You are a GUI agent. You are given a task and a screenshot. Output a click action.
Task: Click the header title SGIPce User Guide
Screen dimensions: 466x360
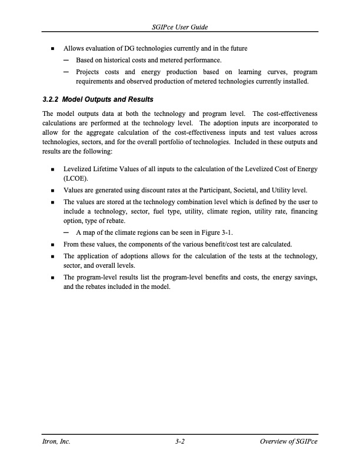(x=180, y=28)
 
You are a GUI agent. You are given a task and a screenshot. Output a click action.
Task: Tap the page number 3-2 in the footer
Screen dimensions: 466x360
(x=180, y=442)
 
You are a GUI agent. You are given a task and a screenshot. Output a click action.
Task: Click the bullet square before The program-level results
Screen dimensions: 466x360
(x=54, y=277)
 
